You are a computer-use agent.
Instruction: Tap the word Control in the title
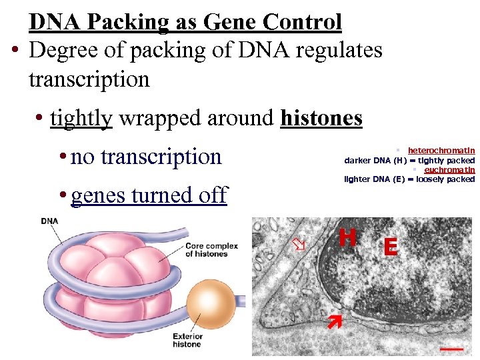coord(302,21)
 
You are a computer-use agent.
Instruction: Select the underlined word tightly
coord(81,118)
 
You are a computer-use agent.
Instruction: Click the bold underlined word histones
coord(321,118)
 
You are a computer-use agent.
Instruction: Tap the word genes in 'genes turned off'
coord(98,195)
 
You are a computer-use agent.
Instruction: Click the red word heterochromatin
coord(441,151)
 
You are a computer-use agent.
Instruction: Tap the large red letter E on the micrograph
coord(390,247)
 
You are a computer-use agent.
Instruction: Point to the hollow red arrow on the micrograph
coord(300,245)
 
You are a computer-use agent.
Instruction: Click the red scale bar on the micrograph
coord(451,347)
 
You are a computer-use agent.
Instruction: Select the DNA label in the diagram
coord(49,221)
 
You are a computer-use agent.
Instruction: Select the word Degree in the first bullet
coord(63,51)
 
